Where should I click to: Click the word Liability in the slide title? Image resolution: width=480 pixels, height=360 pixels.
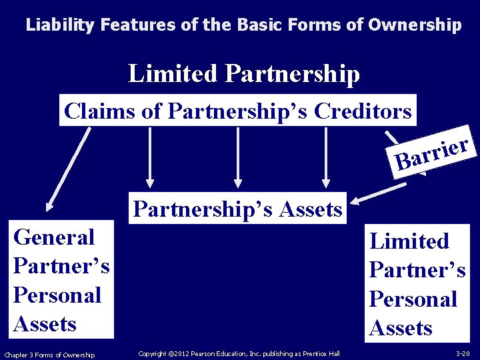[x=61, y=25]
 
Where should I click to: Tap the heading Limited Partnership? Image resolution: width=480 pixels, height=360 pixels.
[x=243, y=73]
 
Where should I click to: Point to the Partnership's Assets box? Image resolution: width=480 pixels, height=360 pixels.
[x=237, y=209]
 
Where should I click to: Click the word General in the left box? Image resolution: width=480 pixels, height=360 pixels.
[x=54, y=237]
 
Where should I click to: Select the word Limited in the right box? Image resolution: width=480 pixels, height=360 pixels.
[x=409, y=241]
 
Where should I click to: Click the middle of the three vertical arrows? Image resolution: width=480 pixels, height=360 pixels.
[x=237, y=157]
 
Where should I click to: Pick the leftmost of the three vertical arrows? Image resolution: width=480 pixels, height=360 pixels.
[x=150, y=157]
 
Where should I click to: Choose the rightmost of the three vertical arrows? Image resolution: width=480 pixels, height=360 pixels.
[x=325, y=157]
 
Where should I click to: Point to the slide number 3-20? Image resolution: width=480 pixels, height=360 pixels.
[x=463, y=353]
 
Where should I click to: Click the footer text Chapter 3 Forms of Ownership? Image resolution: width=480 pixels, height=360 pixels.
[x=49, y=354]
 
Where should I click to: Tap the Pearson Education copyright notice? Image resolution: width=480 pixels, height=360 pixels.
[x=239, y=353]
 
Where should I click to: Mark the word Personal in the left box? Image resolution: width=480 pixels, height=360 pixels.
[x=57, y=295]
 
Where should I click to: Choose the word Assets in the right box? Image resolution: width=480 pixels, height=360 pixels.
[x=401, y=327]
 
